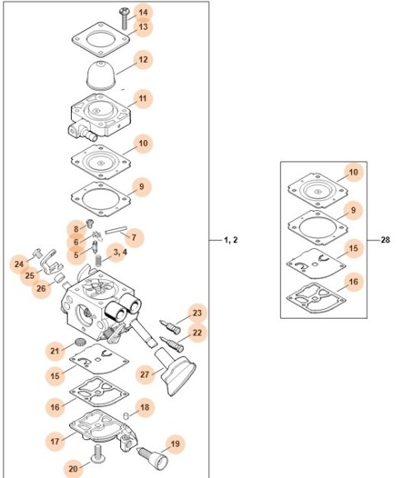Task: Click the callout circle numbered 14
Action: (x=143, y=12)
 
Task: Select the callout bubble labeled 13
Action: (x=143, y=27)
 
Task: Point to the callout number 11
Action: (x=143, y=99)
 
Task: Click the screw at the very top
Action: (x=123, y=12)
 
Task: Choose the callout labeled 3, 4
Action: (x=120, y=252)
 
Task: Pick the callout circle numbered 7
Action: (x=134, y=237)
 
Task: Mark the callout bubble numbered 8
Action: (x=76, y=228)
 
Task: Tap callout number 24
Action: (x=19, y=264)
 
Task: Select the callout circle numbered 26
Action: (x=41, y=288)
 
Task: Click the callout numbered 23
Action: (x=197, y=313)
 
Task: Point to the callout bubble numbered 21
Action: (x=55, y=352)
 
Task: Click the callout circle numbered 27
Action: (x=145, y=375)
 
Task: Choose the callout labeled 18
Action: (x=144, y=407)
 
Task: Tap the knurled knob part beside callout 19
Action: (x=151, y=452)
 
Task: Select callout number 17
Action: (x=55, y=442)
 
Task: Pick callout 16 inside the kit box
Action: (x=353, y=282)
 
